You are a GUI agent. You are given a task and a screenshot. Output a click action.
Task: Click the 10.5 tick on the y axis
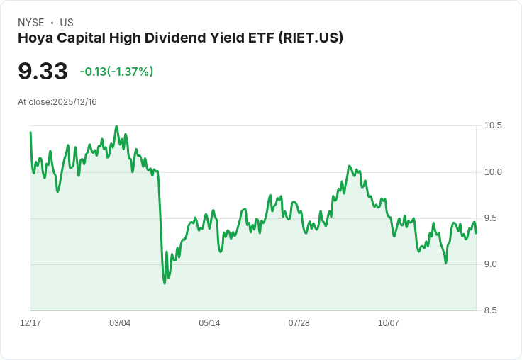click(493, 125)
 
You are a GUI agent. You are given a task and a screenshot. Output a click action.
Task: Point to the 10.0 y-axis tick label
click(493, 172)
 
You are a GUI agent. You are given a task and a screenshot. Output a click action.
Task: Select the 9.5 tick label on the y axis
click(493, 218)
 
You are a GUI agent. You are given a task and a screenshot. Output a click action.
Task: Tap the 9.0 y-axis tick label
click(493, 264)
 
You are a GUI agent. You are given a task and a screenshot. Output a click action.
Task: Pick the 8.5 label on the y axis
click(493, 310)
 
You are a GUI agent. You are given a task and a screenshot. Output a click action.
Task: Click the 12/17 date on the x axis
click(30, 323)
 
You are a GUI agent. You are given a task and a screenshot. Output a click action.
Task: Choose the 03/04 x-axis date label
click(120, 323)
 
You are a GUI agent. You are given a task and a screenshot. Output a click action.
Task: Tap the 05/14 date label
click(209, 323)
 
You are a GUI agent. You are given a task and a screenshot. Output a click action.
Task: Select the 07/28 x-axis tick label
click(299, 323)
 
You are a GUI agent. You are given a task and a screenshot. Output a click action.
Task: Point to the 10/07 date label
click(389, 323)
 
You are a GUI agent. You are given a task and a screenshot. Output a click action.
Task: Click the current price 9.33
click(43, 71)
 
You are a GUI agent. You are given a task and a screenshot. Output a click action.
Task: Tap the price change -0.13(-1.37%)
click(116, 72)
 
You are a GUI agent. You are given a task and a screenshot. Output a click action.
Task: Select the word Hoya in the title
click(35, 38)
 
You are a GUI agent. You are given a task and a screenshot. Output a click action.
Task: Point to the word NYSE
click(30, 23)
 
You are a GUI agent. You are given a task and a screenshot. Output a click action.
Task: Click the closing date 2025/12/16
click(74, 102)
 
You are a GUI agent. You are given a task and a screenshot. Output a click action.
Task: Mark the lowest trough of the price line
click(165, 283)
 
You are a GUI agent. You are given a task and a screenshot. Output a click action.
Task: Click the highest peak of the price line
click(116, 126)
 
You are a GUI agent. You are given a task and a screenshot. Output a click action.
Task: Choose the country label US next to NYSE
click(67, 23)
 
